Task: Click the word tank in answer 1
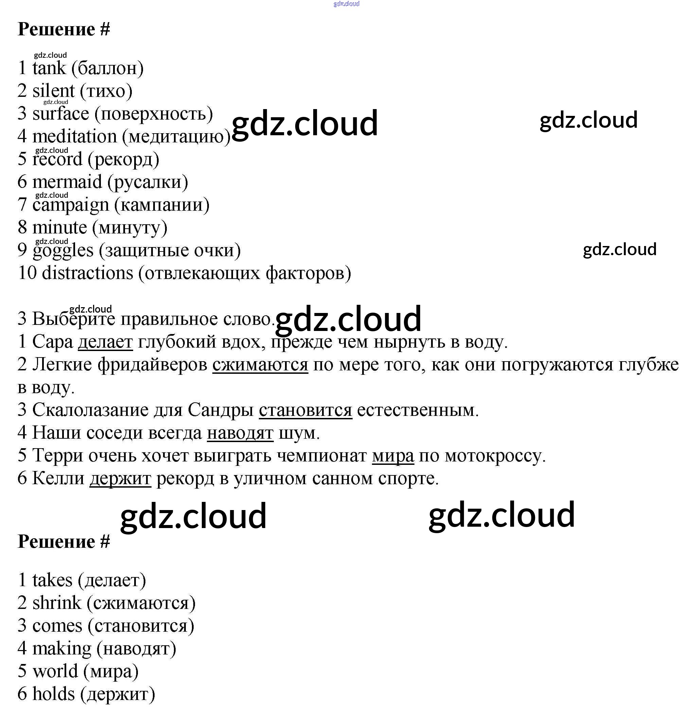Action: tap(49, 68)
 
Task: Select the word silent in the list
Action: tap(53, 91)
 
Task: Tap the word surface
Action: tap(61, 113)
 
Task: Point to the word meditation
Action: tap(74, 136)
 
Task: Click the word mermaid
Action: tap(67, 182)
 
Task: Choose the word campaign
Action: tap(70, 205)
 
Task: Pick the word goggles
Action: tap(63, 250)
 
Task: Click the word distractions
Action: tap(88, 273)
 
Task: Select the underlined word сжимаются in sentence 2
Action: tap(260, 365)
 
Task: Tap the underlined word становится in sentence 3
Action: tap(305, 410)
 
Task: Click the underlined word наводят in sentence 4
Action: tap(240, 433)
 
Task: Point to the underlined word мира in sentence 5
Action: tap(393, 456)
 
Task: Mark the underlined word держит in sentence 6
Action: tap(120, 478)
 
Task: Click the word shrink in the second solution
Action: tap(57, 602)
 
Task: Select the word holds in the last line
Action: tap(53, 694)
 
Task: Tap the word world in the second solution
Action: tap(55, 671)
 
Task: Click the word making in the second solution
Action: tap(61, 648)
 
